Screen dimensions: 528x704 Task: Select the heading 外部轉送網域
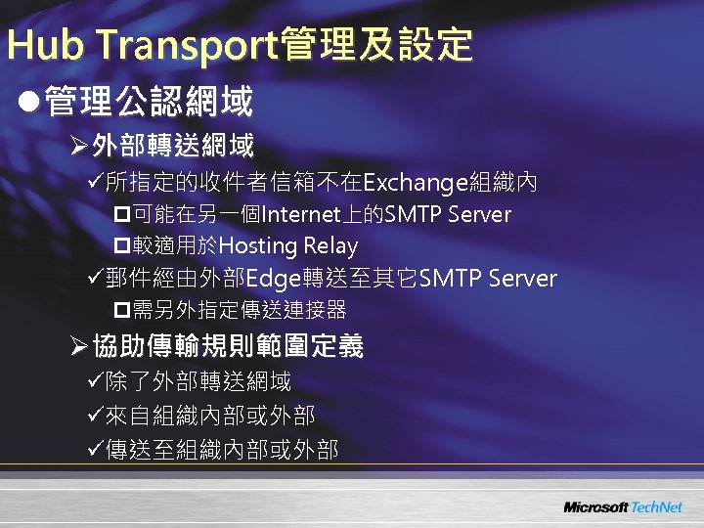pyautogui.click(x=173, y=147)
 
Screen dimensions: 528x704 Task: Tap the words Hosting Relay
pyautogui.click(x=288, y=245)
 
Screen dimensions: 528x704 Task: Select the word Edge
pyautogui.click(x=271, y=279)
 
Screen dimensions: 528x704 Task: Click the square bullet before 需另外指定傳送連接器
pyautogui.click(x=122, y=311)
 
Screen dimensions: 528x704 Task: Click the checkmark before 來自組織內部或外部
pyautogui.click(x=95, y=416)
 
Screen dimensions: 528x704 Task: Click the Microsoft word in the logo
pyautogui.click(x=595, y=507)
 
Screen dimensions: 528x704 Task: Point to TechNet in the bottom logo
pyautogui.click(x=656, y=507)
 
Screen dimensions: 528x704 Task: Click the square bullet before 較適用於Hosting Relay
pyautogui.click(x=122, y=246)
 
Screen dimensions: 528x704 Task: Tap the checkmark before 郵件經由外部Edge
pyautogui.click(x=95, y=280)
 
